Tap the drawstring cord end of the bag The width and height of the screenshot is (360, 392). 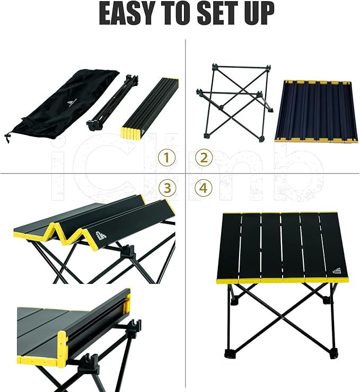(x=8, y=139)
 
